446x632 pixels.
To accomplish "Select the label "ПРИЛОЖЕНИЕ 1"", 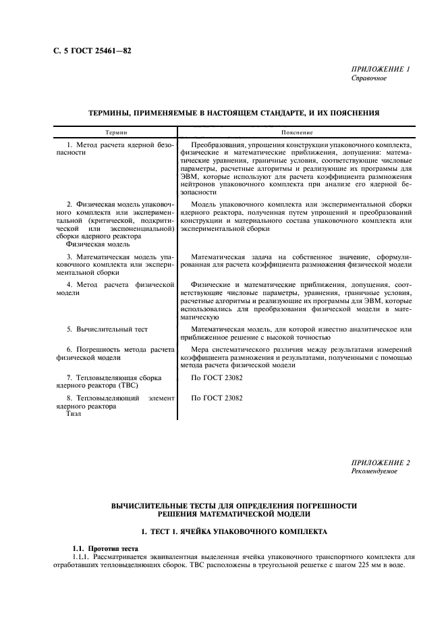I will tap(380, 69).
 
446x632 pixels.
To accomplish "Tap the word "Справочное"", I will tap(369, 78).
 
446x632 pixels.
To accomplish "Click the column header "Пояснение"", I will tap(295, 134).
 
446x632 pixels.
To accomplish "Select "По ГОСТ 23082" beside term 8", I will tap(217, 398).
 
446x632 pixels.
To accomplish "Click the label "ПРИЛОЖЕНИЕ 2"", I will tap(380, 463).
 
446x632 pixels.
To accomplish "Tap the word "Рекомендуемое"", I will tap(374, 471).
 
